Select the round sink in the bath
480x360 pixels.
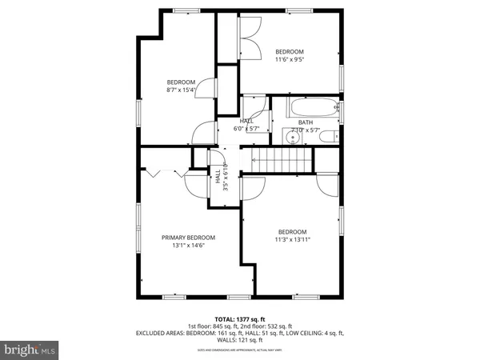pos(294,137)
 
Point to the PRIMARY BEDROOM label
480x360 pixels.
pos(188,238)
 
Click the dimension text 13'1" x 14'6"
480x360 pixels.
pos(188,246)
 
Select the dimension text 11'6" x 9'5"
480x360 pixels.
pos(290,58)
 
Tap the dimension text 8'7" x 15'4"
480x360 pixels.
pos(181,90)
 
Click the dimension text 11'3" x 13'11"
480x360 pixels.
pos(292,239)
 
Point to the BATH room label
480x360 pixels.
pos(306,122)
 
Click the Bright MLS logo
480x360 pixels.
pos(30,350)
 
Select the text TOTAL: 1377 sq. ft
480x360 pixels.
pos(240,318)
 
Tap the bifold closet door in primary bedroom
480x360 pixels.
pos(156,172)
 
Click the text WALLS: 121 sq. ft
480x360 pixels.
pos(240,340)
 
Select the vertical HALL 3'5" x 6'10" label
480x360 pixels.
pos(222,180)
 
